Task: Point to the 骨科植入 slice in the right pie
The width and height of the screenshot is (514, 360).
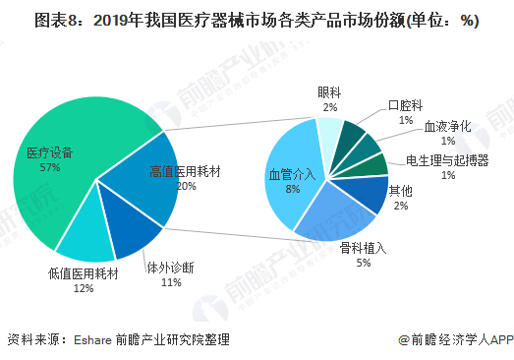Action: [339, 211]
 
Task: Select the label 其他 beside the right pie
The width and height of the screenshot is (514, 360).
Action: [400, 191]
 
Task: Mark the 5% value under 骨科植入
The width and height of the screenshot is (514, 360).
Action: [364, 262]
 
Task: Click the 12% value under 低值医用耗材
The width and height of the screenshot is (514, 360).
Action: [84, 287]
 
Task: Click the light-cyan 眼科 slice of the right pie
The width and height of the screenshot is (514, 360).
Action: [331, 131]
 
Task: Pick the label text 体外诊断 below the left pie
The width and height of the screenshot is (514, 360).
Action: [172, 268]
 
